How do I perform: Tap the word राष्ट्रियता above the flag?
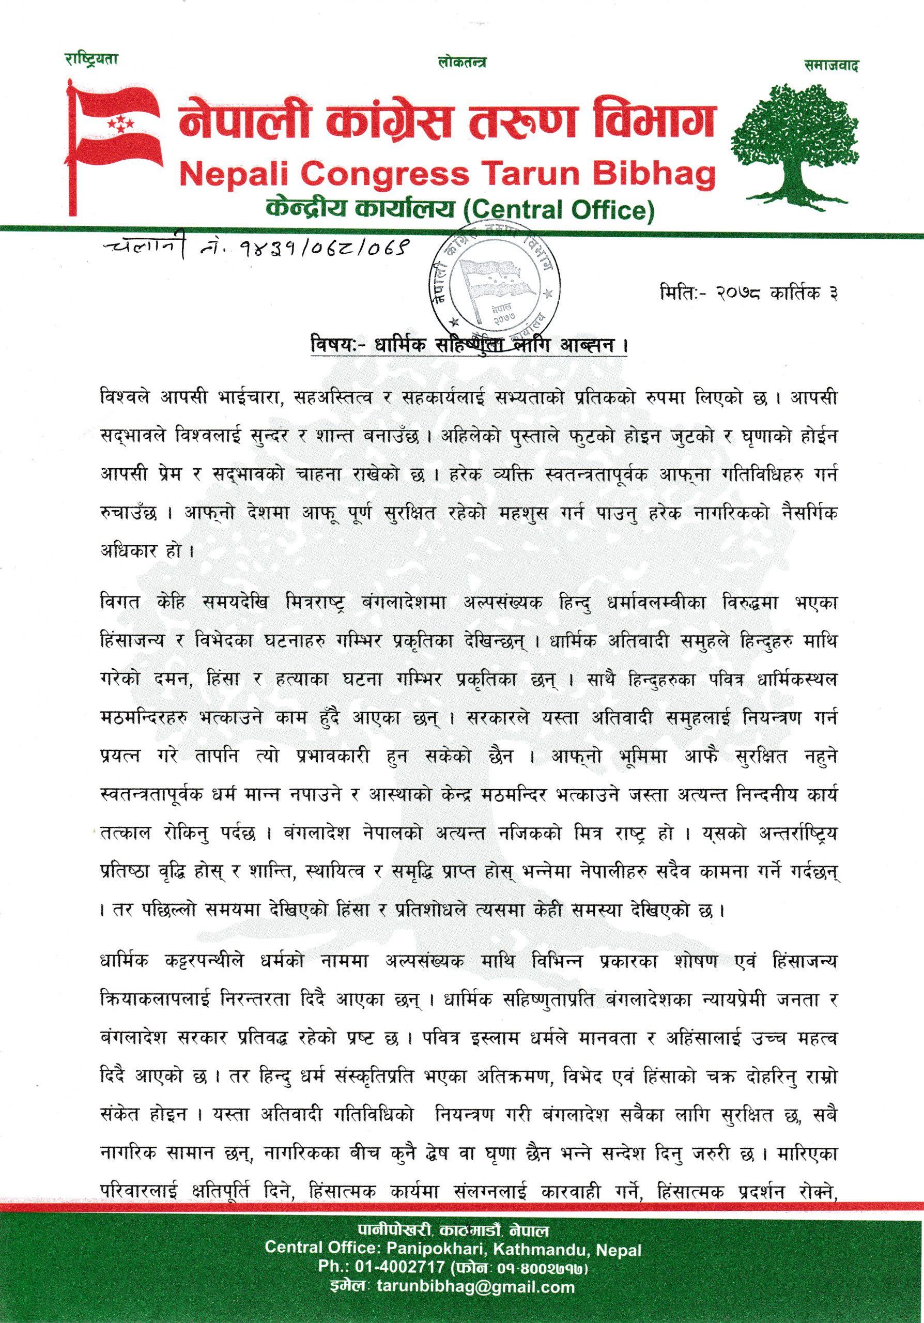(x=91, y=59)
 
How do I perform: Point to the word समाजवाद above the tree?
(x=831, y=66)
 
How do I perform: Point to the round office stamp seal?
(x=494, y=282)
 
